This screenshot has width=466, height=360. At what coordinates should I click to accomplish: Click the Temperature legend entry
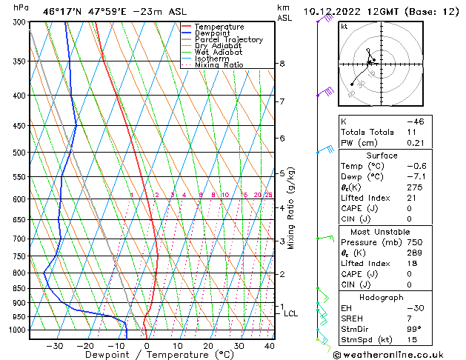(x=219, y=27)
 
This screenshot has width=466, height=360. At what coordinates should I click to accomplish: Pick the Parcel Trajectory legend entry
(x=228, y=40)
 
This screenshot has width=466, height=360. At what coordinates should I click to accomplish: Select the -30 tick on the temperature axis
(x=55, y=346)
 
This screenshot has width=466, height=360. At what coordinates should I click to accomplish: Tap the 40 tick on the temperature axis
(x=269, y=346)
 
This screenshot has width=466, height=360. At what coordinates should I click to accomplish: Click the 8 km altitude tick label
(x=282, y=64)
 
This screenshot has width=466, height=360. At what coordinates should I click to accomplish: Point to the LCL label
(x=291, y=314)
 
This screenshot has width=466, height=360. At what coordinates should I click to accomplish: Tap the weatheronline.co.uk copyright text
(x=399, y=354)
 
